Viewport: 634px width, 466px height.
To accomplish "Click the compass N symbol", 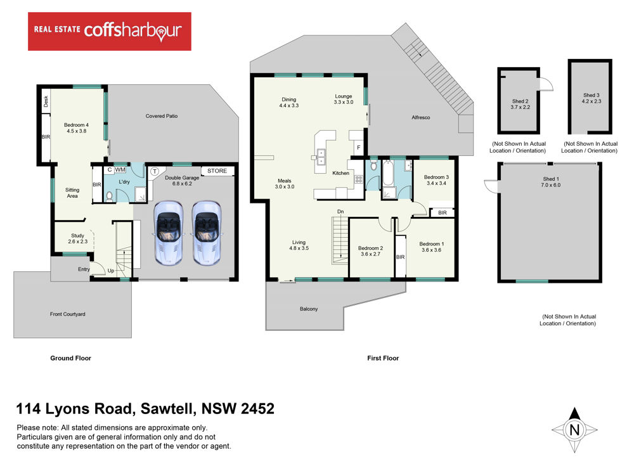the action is point(574,430).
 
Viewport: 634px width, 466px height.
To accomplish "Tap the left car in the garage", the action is point(169,233).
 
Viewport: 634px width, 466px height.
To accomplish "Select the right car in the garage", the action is point(206,233).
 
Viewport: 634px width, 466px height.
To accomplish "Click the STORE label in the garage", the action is point(217,171).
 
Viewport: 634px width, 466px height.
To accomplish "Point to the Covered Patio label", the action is point(161,116).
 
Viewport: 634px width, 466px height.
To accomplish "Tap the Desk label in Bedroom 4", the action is point(46,101).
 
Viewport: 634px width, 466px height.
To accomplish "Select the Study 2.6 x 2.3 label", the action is point(77,238).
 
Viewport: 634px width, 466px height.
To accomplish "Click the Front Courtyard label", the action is point(68,314).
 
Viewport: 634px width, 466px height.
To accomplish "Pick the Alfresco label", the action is point(420,117).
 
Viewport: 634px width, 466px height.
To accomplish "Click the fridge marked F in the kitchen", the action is point(358,148).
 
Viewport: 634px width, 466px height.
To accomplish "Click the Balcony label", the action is point(309,309).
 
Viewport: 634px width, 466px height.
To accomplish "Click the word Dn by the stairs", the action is point(340,212).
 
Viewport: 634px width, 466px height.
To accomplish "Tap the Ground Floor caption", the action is point(71,358).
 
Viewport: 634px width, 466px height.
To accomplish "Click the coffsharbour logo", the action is point(110,32).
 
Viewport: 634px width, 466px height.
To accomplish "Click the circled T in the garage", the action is point(155,172).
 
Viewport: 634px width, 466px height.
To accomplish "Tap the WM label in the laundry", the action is point(120,170).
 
